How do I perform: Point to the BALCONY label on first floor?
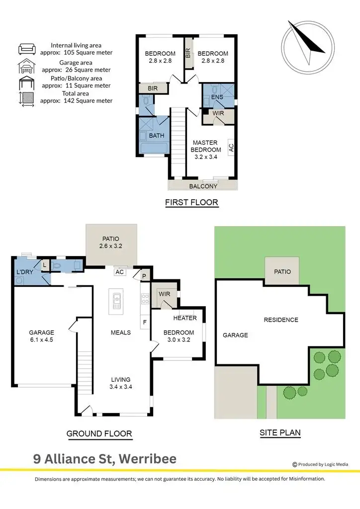[203, 186]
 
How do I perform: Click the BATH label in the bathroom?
[157, 135]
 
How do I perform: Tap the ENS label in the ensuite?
[217, 97]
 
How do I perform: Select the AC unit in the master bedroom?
[231, 148]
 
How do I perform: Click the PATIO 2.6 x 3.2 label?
[112, 242]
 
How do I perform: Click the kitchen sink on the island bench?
[117, 300]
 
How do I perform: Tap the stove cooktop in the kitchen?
[146, 299]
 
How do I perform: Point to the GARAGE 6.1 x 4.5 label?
[41, 337]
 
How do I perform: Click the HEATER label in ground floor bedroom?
[185, 318]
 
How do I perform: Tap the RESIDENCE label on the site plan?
[281, 320]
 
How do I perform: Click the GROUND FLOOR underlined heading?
[99, 434]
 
